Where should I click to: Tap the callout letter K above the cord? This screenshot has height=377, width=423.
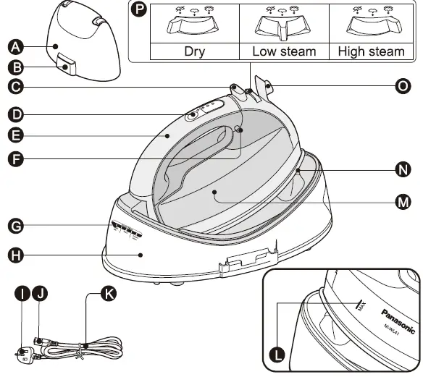click(x=109, y=293)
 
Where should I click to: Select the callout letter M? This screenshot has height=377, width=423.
click(x=402, y=202)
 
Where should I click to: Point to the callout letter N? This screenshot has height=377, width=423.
click(x=402, y=171)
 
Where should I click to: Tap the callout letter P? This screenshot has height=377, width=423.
click(x=138, y=11)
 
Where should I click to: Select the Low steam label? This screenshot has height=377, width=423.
click(x=284, y=52)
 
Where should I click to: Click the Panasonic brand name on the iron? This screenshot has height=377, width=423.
click(x=397, y=319)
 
